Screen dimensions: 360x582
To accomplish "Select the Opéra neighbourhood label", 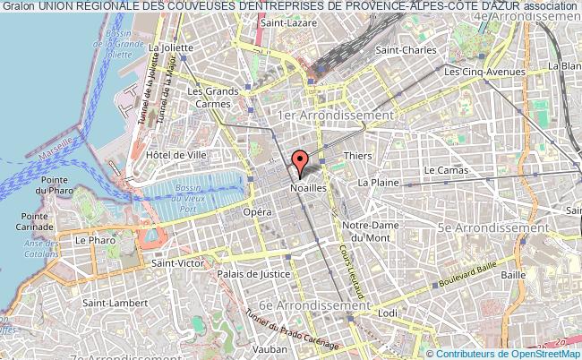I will click(x=257, y=213).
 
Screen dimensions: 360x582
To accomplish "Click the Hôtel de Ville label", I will click(x=176, y=155).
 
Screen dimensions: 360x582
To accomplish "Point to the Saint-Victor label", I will click(x=176, y=263).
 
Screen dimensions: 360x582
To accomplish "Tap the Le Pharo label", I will click(x=92, y=240).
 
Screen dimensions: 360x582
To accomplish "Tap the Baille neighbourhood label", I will click(x=513, y=274).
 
